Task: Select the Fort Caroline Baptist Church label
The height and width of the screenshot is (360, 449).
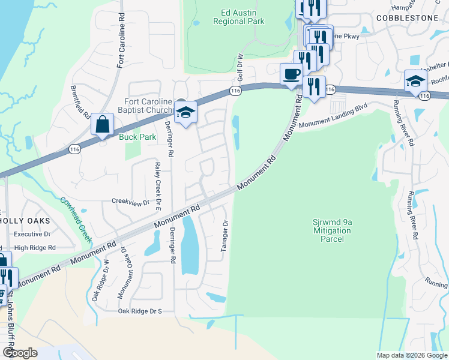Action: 148,106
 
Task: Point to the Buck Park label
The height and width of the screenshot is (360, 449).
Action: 137,137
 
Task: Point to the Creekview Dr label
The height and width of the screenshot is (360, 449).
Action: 130,203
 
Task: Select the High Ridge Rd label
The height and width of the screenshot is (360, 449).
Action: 35,247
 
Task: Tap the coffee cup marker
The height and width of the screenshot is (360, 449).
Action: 292,74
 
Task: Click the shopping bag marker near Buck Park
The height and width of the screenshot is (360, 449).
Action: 103,124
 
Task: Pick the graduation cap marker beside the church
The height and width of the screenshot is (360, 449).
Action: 185,112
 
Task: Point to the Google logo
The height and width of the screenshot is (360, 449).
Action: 21,353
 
